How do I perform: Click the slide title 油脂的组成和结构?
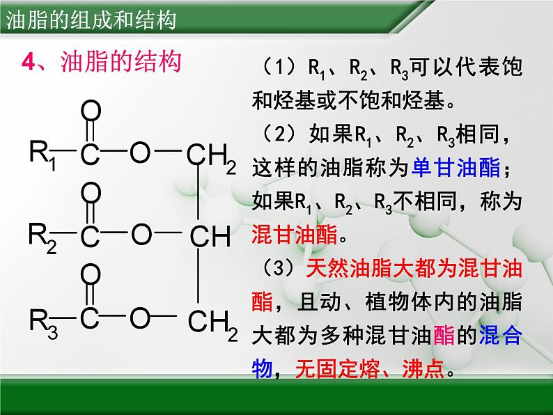(91, 18)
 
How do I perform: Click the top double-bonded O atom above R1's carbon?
(91, 111)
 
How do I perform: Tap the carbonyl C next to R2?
(91, 237)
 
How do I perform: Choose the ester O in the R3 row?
(141, 319)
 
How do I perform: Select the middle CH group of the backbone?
(210, 237)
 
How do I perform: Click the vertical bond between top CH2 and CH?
(200, 195)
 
